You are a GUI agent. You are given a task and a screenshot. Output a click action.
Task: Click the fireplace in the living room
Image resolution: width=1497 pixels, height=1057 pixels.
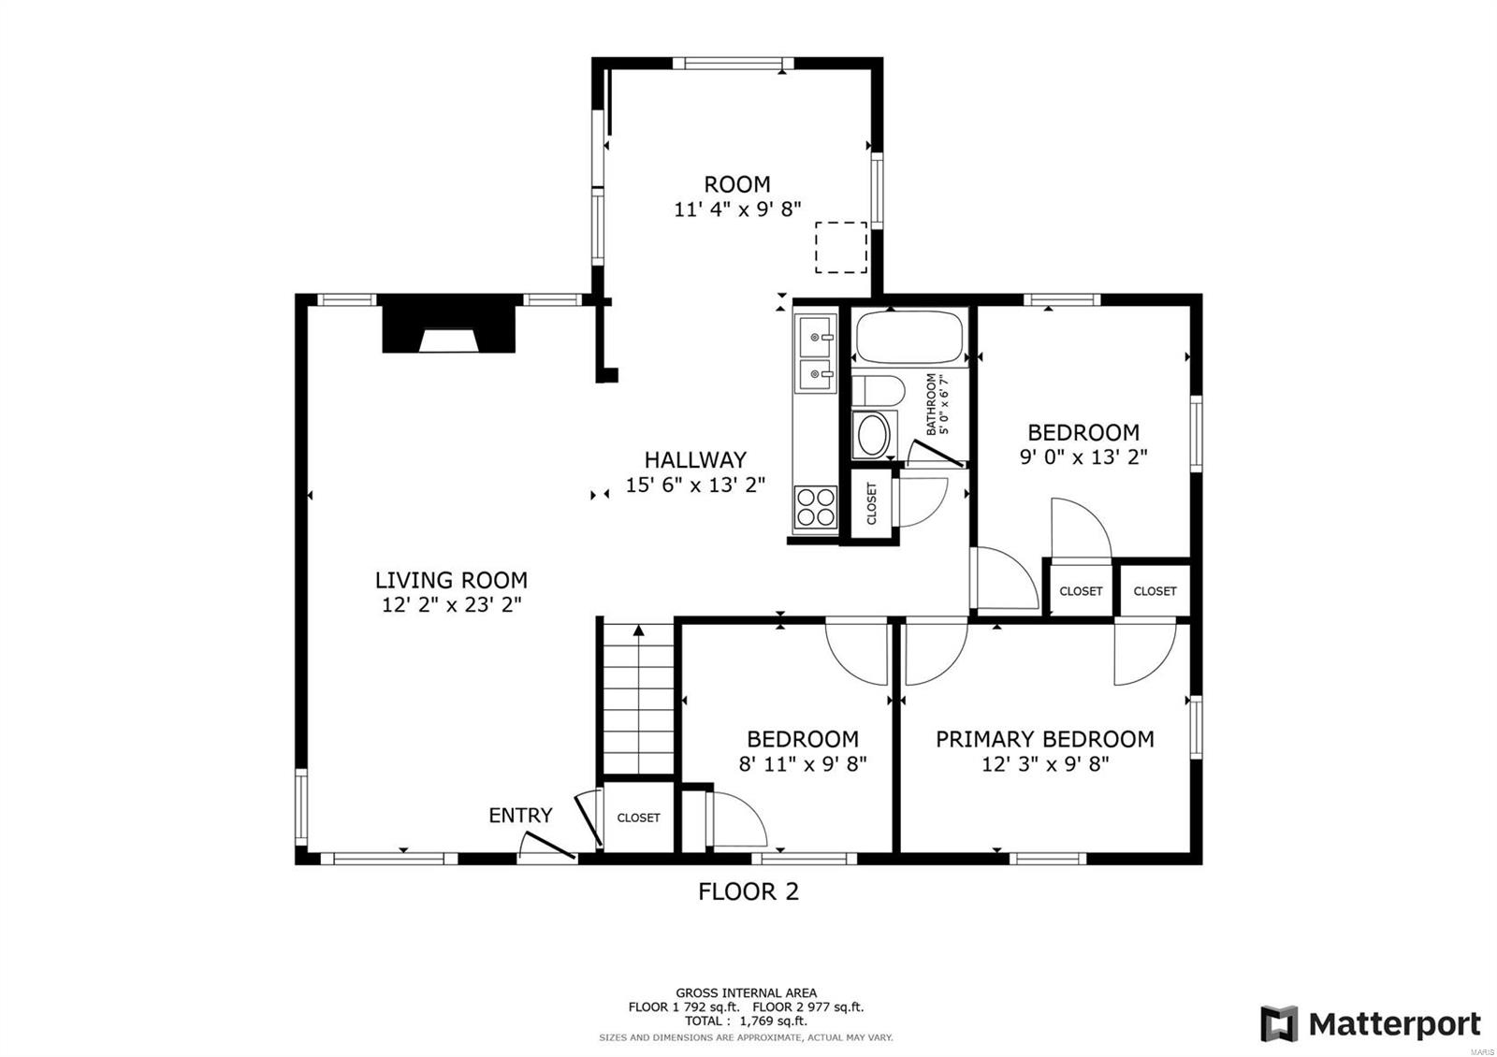(x=449, y=325)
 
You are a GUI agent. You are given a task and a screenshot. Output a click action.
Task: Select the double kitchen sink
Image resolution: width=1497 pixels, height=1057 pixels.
(x=816, y=353)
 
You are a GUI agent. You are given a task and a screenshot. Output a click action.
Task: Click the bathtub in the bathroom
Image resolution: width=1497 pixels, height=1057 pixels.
(x=909, y=338)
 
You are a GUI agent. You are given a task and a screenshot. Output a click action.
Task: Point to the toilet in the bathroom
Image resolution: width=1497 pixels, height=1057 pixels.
(x=877, y=390)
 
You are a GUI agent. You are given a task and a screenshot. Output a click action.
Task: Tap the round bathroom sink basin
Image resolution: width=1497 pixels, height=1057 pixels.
(x=874, y=435)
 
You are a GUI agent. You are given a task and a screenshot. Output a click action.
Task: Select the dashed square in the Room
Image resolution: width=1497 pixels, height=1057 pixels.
(x=840, y=247)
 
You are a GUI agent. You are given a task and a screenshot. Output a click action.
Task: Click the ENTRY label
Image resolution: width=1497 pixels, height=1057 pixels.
(x=520, y=815)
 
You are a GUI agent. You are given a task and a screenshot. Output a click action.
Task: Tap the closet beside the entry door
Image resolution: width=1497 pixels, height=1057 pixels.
(x=638, y=818)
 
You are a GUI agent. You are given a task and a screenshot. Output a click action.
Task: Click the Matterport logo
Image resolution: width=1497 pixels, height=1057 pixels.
(x=1371, y=1024)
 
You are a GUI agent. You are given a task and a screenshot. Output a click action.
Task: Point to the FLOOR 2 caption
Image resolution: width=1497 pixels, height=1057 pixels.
(x=748, y=891)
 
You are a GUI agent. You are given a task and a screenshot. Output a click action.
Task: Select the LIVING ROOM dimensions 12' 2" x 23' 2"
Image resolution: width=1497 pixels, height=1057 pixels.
(x=451, y=605)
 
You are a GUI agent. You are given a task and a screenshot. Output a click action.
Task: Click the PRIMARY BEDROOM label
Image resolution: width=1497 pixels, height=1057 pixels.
(x=1044, y=739)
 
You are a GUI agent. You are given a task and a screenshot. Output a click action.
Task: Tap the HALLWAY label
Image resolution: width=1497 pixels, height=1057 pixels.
(x=695, y=459)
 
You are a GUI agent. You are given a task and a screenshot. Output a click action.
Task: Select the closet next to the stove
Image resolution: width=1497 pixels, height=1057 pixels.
(x=872, y=503)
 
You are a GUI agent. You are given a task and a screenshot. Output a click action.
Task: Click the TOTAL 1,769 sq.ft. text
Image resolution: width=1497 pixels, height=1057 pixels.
(x=746, y=1021)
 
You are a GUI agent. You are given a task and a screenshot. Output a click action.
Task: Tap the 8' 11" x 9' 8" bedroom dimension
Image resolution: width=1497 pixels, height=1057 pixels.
(x=803, y=763)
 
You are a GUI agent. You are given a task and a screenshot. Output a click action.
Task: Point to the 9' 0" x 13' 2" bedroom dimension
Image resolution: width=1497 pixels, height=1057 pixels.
(x=1083, y=457)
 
